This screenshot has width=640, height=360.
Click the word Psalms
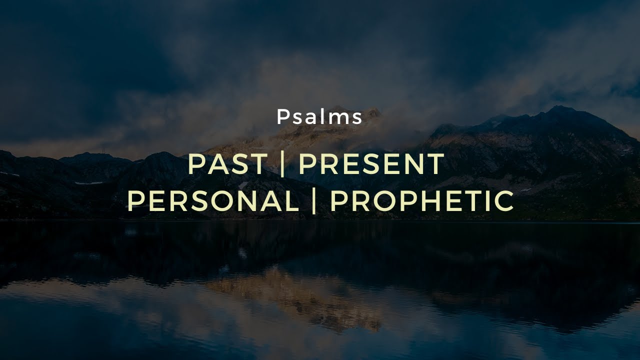(319, 117)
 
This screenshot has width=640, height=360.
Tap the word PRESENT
(371, 164)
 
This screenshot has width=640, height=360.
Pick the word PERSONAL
(212, 201)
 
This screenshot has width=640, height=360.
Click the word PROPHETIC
(422, 201)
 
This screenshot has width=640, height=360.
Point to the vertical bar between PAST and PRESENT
(283, 164)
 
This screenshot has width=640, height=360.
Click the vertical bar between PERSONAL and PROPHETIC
(314, 201)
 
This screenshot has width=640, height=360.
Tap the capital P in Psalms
(282, 117)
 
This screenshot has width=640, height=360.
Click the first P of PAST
(195, 164)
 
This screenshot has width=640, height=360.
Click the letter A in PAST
(217, 164)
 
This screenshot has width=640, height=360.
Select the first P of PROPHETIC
(338, 201)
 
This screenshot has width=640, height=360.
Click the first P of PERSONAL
(135, 201)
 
